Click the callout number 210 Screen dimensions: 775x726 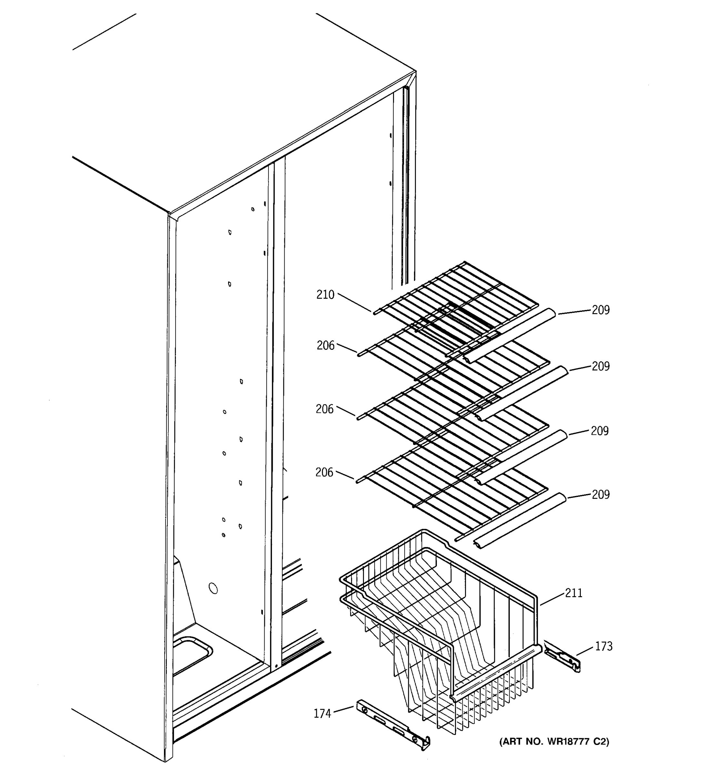pos(325,295)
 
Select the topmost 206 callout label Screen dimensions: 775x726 pos(326,346)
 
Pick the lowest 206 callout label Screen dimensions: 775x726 pos(324,472)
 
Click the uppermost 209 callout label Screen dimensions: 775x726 pos(600,310)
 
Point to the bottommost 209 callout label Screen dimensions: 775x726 pos(600,494)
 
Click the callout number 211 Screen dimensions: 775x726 pos(574,593)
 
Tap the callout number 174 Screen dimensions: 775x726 pos(322,713)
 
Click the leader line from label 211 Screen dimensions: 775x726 pos(552,599)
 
